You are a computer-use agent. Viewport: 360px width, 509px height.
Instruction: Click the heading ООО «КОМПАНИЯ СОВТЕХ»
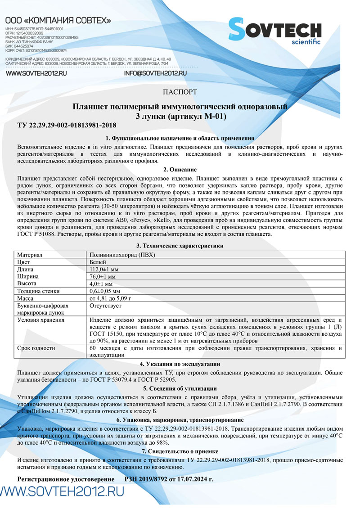pos(58,21)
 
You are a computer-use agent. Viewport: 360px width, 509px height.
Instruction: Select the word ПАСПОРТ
pos(180,92)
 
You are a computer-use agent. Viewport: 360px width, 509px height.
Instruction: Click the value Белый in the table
pos(98,261)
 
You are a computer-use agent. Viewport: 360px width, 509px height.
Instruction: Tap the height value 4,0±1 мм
pos(101,284)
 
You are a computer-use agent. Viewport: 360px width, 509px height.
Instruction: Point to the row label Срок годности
pos(36,348)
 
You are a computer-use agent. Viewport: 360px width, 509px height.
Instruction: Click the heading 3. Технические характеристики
pos(180,246)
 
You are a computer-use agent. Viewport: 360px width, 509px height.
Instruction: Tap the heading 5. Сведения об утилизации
pos(180,388)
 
